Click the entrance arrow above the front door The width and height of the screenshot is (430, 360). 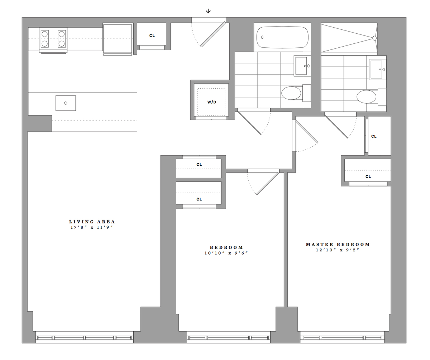208,11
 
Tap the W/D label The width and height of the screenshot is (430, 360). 212,102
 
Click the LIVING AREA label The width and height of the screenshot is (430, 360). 92,222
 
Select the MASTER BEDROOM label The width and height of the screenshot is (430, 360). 338,245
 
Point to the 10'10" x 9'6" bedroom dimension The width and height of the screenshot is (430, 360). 226,253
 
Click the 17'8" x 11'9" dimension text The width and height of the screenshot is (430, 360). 92,228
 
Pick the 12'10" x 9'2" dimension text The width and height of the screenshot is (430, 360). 338,250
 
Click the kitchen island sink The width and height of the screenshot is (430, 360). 66,103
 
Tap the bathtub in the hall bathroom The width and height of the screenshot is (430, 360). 282,37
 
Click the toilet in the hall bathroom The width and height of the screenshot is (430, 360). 291,93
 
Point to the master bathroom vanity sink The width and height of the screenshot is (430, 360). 377,69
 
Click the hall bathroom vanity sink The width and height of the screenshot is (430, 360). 301,66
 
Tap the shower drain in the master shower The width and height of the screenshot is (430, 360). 374,38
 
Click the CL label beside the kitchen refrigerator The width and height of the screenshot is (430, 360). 152,35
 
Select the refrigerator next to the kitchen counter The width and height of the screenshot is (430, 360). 118,38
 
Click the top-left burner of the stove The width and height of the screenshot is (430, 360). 45,34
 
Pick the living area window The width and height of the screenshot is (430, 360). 84,337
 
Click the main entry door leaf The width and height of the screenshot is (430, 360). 213,35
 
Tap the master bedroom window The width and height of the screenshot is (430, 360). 342,337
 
